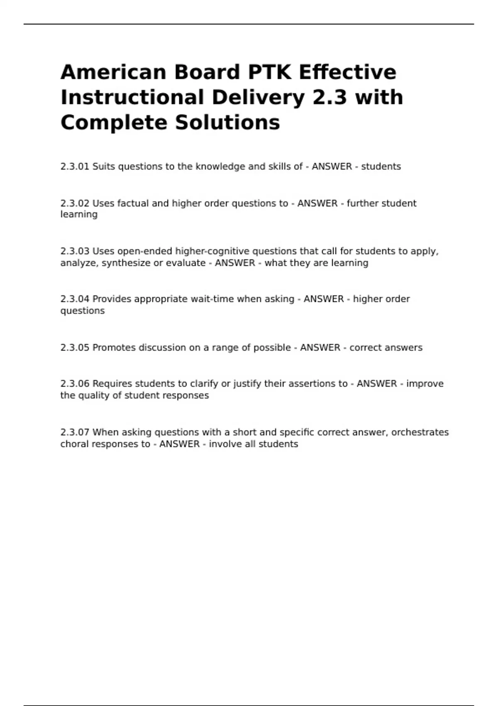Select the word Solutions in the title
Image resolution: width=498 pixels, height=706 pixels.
click(x=227, y=123)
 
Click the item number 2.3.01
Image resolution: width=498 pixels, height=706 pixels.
click(x=75, y=167)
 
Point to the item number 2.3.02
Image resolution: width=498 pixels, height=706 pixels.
click(x=75, y=203)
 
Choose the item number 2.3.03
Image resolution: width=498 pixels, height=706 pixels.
click(x=75, y=251)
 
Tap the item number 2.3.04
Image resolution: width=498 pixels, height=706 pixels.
click(x=75, y=299)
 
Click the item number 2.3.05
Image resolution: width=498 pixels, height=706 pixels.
click(x=75, y=348)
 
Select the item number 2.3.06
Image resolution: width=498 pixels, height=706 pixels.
click(x=75, y=384)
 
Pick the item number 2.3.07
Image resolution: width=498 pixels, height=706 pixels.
click(x=75, y=432)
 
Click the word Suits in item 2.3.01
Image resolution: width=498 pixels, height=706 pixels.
click(x=104, y=167)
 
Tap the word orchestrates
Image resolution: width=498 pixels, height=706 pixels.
click(x=420, y=432)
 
